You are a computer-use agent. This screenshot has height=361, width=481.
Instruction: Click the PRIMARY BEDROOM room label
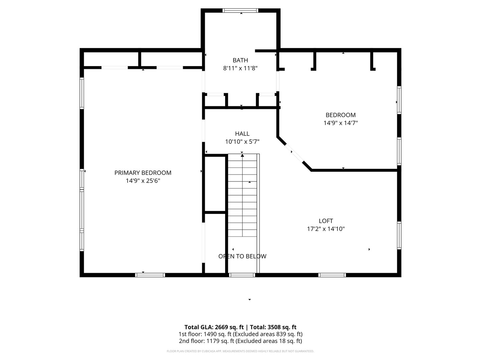coord(143,173)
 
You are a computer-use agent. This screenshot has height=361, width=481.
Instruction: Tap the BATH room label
coord(240,60)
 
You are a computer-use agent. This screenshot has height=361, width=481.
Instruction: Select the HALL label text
coord(242,134)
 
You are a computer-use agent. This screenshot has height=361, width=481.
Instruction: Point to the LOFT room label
coord(326,221)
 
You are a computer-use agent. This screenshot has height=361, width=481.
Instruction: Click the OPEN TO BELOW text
coord(242,256)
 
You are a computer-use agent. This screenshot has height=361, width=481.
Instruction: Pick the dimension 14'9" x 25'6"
coord(143,181)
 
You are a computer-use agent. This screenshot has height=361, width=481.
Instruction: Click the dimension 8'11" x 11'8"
coord(240,68)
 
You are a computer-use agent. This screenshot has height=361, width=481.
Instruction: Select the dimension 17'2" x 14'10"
coord(326,229)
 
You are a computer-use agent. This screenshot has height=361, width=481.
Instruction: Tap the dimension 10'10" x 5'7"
coord(242,142)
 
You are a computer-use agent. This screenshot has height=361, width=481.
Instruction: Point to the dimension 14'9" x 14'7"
coord(341,123)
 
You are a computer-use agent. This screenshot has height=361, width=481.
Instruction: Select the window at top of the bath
coord(240,11)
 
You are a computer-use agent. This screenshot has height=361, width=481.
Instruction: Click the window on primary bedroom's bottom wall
coord(150,275)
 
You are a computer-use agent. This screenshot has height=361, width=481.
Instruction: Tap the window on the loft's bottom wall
coord(332,275)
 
